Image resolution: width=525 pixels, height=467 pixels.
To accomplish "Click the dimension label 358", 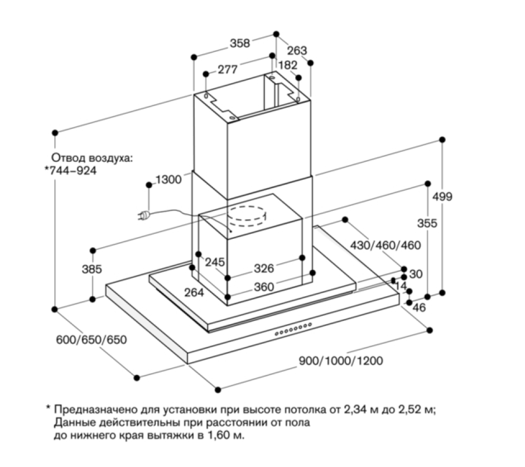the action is pos(240,43).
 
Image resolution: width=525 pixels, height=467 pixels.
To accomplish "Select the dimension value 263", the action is pos(297,51).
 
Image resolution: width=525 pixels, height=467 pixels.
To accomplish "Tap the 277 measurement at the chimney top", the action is pos(228,69).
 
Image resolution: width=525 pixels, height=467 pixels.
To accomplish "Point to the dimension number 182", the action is pos(288,65).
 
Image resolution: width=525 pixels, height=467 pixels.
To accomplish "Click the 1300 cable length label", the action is pos(168,180).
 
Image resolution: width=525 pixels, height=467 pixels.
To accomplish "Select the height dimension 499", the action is pos(442,196).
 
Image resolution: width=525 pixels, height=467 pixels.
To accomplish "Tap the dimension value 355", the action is pos(427,223).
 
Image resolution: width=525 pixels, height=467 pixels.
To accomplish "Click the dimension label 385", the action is pos(91,269).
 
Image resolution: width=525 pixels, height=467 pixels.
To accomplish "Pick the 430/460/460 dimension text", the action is pos(386,245).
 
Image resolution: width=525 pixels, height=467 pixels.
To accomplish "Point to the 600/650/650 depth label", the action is pos(91,340).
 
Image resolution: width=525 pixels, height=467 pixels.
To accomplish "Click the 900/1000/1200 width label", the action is pos(341,361).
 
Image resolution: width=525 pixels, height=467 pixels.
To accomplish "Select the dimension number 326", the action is pos(264,268).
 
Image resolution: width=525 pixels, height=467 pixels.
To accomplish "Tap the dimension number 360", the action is pos(264,287).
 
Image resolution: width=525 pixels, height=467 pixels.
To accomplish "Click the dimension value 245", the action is pos(215,262).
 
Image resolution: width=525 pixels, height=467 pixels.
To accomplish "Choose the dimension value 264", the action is pos(194,292).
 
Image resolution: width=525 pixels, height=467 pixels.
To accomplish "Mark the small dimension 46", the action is pos(419,307).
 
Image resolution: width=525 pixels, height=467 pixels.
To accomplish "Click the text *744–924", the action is pos(71,171).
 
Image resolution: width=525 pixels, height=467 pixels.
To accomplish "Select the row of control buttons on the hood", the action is pos(293,329).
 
